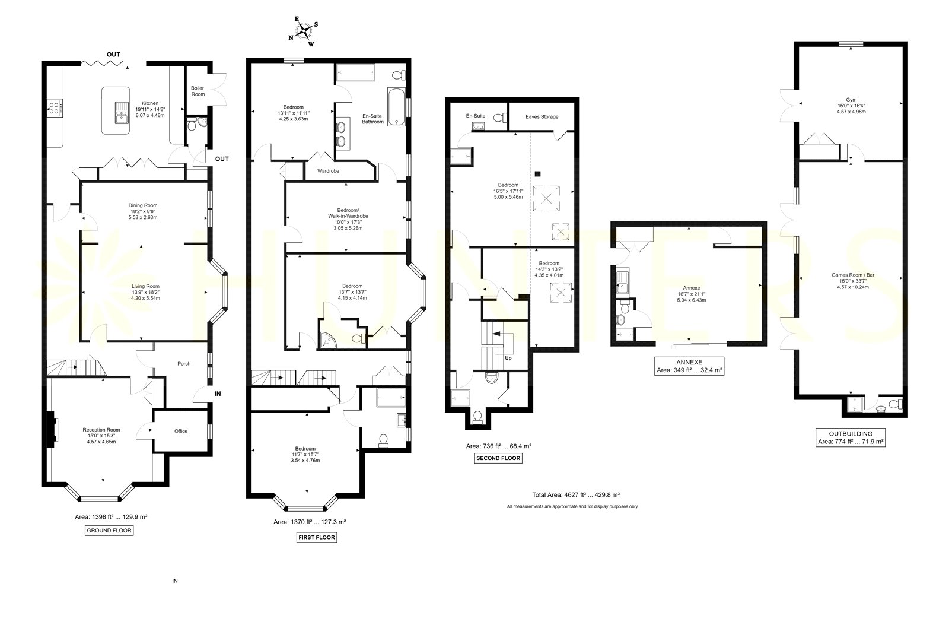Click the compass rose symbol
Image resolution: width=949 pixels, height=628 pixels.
[x=303, y=31]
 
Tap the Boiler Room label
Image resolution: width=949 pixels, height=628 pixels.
[x=198, y=91]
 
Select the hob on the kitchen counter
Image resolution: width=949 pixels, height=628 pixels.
[x=55, y=108]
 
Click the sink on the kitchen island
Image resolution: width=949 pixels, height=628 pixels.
[x=122, y=112]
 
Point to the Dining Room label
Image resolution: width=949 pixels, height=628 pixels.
[x=143, y=205]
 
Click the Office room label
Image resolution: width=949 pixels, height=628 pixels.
[x=181, y=431]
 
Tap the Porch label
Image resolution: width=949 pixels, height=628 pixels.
[x=184, y=363]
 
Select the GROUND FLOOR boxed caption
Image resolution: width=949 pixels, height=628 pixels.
[x=109, y=531]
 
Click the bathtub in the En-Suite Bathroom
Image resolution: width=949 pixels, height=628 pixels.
[x=397, y=107]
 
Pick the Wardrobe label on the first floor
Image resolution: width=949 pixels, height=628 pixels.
[x=329, y=171]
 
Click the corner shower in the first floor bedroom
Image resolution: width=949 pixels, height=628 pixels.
[x=327, y=340]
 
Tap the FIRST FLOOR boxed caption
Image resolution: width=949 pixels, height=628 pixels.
[x=317, y=537]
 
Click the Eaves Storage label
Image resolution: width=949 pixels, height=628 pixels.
[x=542, y=116]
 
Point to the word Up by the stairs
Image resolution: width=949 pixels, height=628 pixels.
[x=508, y=358]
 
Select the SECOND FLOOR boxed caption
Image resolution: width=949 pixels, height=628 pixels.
[x=498, y=458]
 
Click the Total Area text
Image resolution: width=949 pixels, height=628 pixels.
[x=576, y=494]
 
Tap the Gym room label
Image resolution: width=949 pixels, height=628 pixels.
[x=851, y=100]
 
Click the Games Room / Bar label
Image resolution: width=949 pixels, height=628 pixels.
[x=853, y=275]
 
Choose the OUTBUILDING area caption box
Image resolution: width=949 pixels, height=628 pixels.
[x=851, y=437]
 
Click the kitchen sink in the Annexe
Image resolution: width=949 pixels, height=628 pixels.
[x=622, y=281]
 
